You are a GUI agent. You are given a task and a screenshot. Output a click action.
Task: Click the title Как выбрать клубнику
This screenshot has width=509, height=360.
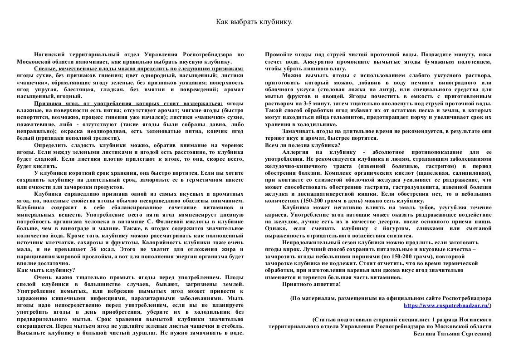coord(254,22)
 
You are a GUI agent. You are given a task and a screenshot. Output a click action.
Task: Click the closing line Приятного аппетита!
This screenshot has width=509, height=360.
coord(311,284)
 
